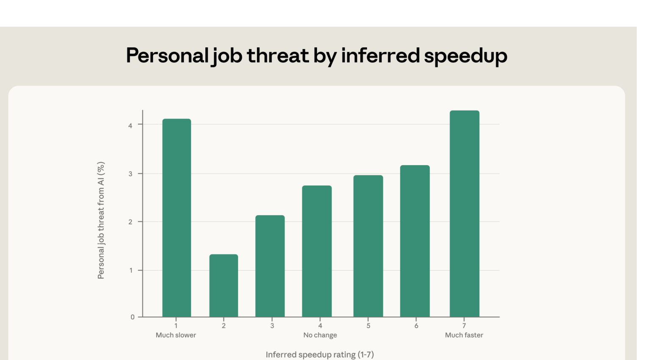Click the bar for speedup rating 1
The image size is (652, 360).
tap(177, 218)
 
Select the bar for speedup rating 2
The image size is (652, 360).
tap(224, 285)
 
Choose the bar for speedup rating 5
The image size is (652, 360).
tap(368, 246)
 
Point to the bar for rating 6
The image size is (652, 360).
tap(415, 241)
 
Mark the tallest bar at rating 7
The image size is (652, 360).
tap(464, 213)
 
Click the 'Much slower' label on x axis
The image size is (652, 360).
tap(176, 335)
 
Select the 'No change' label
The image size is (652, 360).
tap(320, 335)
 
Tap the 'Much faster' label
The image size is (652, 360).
tap(464, 335)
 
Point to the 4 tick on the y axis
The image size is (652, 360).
tap(130, 125)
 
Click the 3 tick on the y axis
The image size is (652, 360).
tap(130, 174)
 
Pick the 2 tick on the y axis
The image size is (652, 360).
tap(130, 222)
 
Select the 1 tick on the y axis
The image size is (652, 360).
tap(131, 270)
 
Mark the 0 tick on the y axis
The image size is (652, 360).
tap(133, 317)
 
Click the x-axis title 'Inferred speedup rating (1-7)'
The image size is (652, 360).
tap(320, 354)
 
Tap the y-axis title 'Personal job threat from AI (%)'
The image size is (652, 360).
tap(101, 220)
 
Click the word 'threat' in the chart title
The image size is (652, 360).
tap(278, 55)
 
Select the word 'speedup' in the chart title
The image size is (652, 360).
tap(465, 56)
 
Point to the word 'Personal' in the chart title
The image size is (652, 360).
tap(167, 55)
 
